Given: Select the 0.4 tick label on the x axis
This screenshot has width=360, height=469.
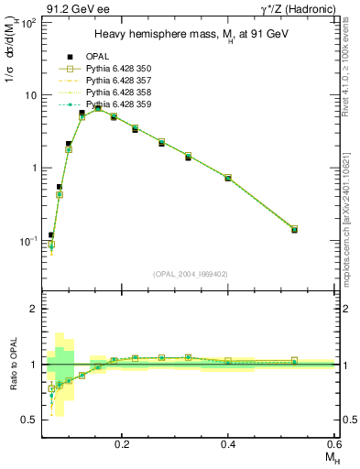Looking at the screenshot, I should [228, 442].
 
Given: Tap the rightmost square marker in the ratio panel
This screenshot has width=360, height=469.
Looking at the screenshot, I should [294, 360].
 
